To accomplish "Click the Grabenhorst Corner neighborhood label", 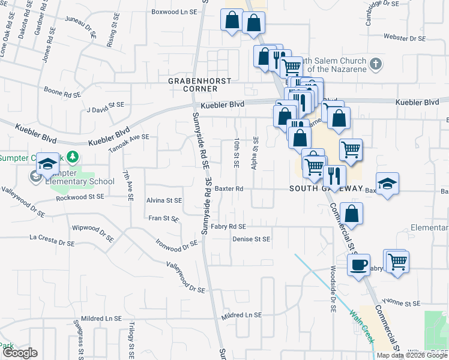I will [x=192, y=85].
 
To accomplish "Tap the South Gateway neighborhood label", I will [x=326, y=188].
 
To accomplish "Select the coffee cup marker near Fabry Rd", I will [x=359, y=265].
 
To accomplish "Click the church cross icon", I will [x=376, y=63].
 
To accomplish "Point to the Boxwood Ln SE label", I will [x=174, y=11].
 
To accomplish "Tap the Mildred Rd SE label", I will [x=241, y=315].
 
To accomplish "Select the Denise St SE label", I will [x=251, y=239].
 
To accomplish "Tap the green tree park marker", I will [x=73, y=157].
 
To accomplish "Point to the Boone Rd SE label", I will [x=62, y=92].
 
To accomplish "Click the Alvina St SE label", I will [x=164, y=201].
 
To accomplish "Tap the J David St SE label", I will [x=105, y=107].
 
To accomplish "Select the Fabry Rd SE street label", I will [x=228, y=227].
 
